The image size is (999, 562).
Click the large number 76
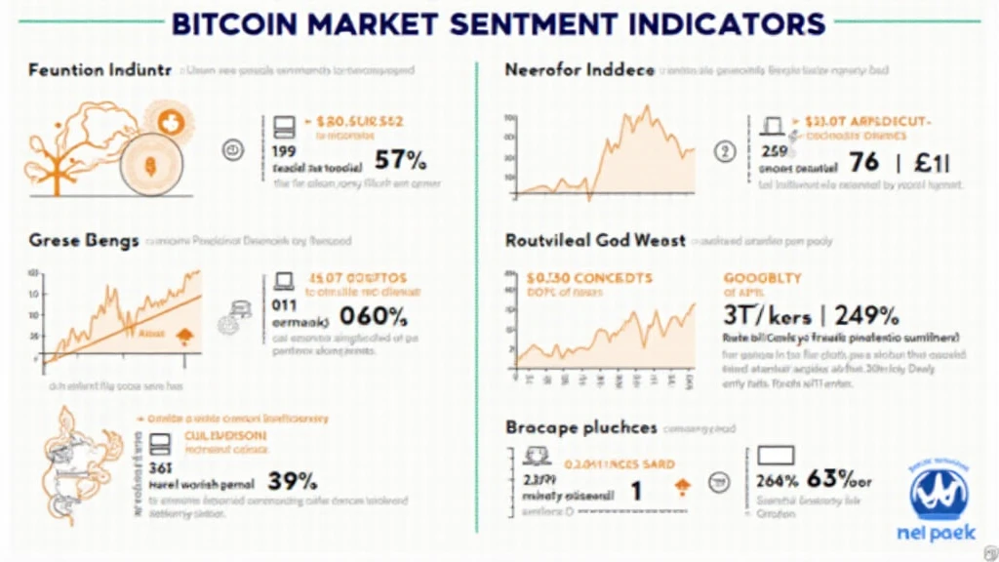click(863, 161)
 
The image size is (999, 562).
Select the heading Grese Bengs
click(83, 240)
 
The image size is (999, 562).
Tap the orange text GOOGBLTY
click(763, 278)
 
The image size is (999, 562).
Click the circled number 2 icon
click(724, 150)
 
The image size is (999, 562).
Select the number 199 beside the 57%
click(284, 151)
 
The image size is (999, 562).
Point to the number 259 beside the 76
click(774, 151)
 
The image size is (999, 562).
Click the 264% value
click(778, 479)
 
